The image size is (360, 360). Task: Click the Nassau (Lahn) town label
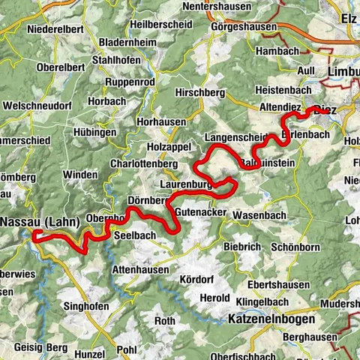pos(37,222)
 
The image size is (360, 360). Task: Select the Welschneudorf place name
pos(36,104)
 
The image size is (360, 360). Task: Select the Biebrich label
pos(241,247)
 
